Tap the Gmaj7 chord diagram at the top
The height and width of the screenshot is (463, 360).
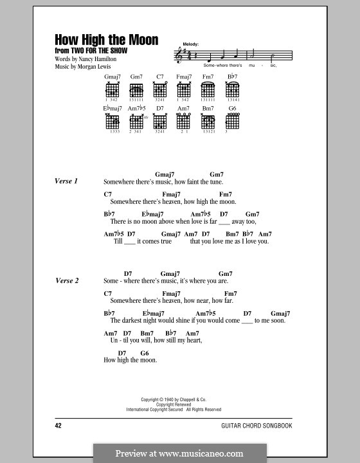(113, 89)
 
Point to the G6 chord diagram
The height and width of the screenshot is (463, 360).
(232, 121)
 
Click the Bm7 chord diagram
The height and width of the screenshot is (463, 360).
(208, 121)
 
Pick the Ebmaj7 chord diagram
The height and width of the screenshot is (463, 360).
(113, 121)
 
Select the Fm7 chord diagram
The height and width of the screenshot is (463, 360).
(208, 89)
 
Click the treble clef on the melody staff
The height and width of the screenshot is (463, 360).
(179, 57)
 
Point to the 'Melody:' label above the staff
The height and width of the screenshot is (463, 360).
(192, 44)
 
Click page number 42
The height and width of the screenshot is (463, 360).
(60, 426)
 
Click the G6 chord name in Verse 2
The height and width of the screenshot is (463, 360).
(145, 353)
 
